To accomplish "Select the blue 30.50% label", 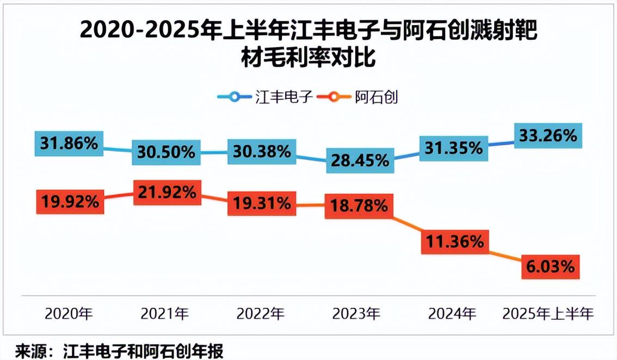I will pyautogui.click(x=165, y=152).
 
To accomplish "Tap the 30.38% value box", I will pyautogui.click(x=262, y=152).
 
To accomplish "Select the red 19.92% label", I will pyautogui.click(x=69, y=202).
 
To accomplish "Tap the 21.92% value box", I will pyautogui.click(x=166, y=192).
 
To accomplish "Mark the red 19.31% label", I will pyautogui.click(x=262, y=203).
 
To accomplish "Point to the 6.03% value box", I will pyautogui.click(x=550, y=266).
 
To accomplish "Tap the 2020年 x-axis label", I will pyautogui.click(x=69, y=314).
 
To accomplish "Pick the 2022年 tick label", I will pyautogui.click(x=261, y=314).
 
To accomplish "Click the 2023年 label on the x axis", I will pyautogui.click(x=356, y=314).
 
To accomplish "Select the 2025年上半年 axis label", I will pyautogui.click(x=548, y=314).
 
